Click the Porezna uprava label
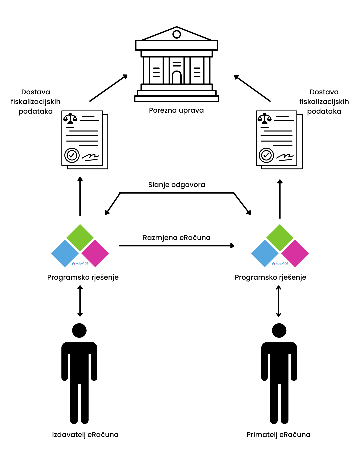pos(176,110)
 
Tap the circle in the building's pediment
pos(177,34)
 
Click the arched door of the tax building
pos(177,77)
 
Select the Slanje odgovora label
pos(177,185)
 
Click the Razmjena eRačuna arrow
pos(177,246)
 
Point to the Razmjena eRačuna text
pos(177,238)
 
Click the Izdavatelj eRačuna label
pos(85,435)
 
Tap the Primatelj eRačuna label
pos(278,435)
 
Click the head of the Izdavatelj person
pos(79,331)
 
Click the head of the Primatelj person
pos(279,331)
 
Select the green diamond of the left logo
pos(80,238)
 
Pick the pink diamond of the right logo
pos(295,253)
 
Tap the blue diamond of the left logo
pos(65,253)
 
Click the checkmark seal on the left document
pos(72,155)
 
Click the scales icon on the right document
pos(265,118)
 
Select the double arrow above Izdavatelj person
pos(80,301)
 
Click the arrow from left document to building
pos(108,88)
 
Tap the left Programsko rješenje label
pos(83,277)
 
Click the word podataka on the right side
pos(324,111)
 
